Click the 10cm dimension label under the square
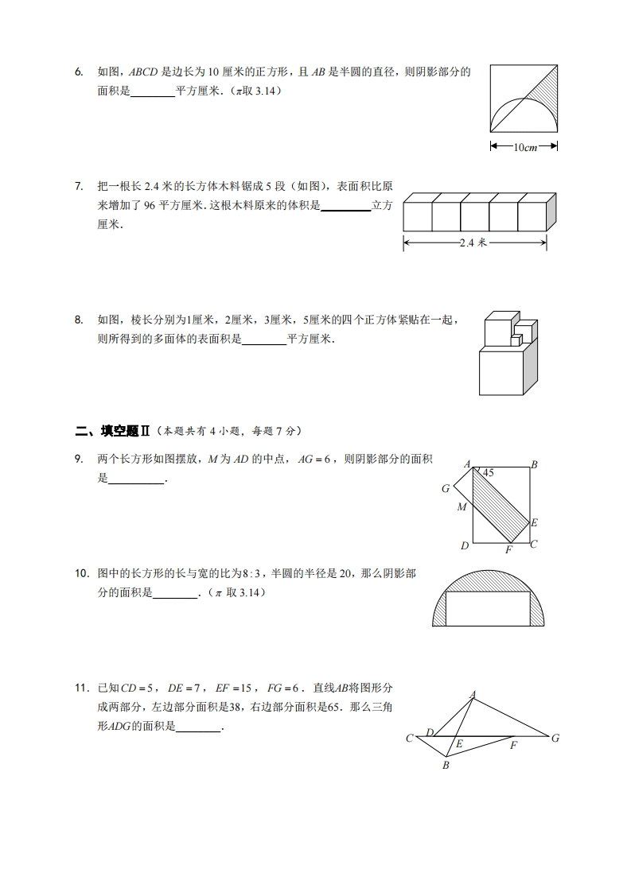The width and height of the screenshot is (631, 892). pos(524,146)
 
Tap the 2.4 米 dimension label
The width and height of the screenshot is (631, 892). pos(474,244)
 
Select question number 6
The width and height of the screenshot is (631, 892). pos(79,72)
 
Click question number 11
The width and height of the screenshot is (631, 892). pos(80,688)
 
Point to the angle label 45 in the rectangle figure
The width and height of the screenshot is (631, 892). pos(489,473)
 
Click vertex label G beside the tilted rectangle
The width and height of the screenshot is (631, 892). pos(446,489)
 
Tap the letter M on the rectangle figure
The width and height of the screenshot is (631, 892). pos(462,507)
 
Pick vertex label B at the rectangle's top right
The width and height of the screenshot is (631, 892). pos(535,465)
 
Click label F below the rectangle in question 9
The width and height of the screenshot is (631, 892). pos(508,549)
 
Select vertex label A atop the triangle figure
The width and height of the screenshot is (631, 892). pos(473,694)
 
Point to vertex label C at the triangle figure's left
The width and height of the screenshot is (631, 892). pos(409,739)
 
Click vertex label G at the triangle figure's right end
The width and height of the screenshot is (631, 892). pos(555,739)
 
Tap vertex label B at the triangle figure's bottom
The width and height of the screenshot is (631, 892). pos(446,766)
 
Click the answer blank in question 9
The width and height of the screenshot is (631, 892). pos(135,479)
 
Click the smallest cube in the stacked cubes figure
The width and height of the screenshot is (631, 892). pos(516,340)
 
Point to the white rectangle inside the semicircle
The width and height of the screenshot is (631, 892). pos(488,609)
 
